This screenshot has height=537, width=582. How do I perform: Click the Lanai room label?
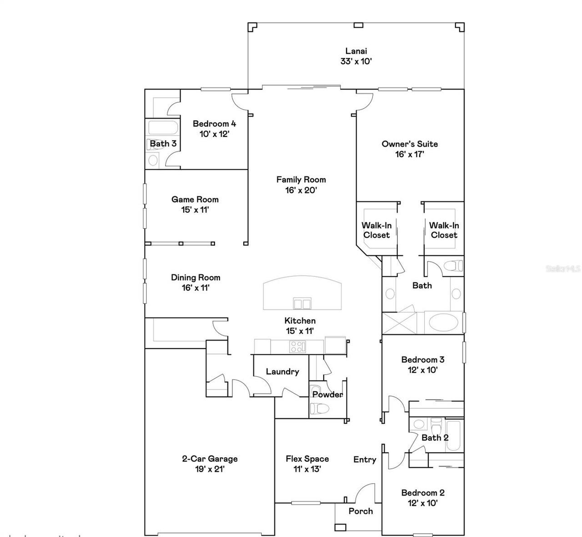[x=356, y=51]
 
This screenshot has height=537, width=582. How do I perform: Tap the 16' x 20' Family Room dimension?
[x=301, y=190]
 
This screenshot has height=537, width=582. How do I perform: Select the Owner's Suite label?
[x=410, y=144]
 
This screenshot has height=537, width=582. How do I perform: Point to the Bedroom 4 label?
[x=214, y=123]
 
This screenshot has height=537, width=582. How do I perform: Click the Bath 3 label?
[x=163, y=144]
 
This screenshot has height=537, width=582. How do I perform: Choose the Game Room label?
[x=195, y=199]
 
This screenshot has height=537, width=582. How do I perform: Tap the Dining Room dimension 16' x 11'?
[x=196, y=288]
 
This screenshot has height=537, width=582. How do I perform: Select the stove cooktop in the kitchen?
[x=298, y=346]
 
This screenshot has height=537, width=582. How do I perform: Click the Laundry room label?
[x=282, y=371]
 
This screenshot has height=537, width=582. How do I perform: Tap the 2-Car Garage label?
[x=210, y=459]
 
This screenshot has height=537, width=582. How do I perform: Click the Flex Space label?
[x=307, y=459]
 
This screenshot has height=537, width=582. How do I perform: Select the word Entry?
[x=365, y=460]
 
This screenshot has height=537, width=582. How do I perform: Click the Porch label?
[x=361, y=511]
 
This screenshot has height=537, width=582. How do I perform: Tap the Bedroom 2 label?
[x=423, y=492]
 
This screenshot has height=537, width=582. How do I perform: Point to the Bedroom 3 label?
[x=423, y=360]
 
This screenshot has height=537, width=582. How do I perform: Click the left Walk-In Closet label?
[x=376, y=230]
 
